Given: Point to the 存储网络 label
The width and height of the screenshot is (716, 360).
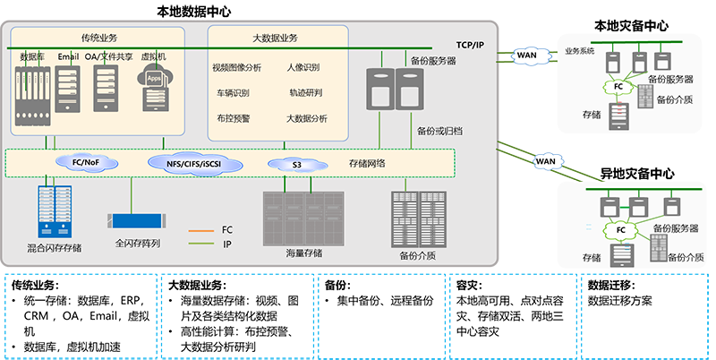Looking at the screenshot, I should tap(368, 163).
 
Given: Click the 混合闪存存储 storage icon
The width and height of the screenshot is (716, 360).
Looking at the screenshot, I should tap(54, 207).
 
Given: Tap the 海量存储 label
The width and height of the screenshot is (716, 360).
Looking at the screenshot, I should tap(304, 253).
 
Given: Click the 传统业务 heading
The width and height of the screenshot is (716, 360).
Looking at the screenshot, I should tap(98, 38).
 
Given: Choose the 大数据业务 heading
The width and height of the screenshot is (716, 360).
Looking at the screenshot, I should tap(276, 38).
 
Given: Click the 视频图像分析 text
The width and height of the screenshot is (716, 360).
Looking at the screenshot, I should tap(237, 67).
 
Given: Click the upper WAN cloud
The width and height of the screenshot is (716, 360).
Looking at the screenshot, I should tap(525, 56).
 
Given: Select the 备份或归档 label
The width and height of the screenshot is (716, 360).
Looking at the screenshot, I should tap(439, 131).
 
